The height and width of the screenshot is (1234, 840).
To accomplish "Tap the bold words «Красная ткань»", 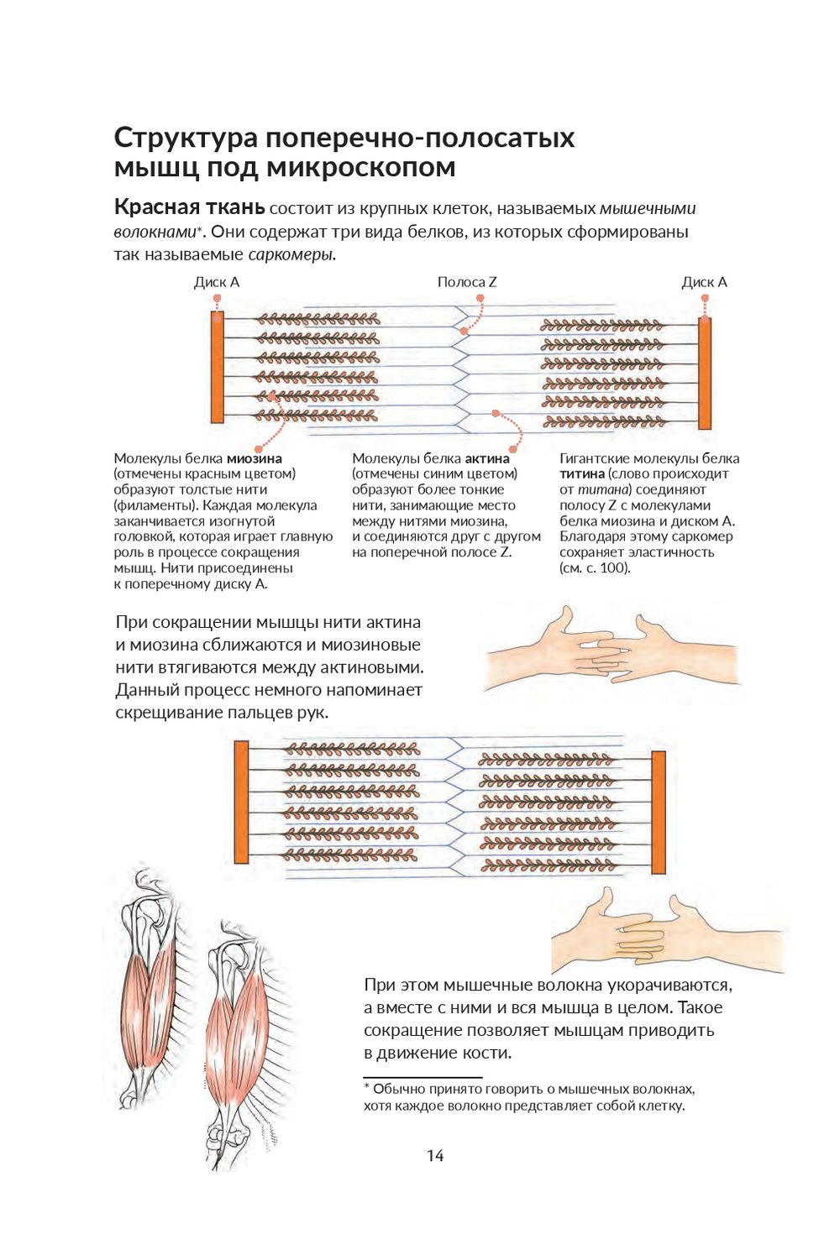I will [189, 207].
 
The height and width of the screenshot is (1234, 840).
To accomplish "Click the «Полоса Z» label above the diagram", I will [466, 282].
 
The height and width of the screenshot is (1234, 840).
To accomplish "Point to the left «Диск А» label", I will [217, 282].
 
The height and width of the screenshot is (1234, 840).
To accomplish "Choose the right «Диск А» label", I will [704, 282].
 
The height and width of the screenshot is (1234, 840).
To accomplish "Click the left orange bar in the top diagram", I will [217, 367].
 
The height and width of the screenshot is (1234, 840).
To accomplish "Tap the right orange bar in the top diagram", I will [705, 373].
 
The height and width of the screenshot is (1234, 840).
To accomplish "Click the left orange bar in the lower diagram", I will [241, 802].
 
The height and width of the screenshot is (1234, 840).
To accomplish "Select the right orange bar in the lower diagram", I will [659, 813].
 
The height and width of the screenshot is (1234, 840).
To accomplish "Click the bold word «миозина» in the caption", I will [254, 458].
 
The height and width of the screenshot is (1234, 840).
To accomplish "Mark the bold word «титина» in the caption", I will [582, 474].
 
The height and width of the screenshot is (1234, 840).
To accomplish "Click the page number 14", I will [434, 1156].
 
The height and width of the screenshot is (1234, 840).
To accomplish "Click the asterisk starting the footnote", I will [367, 1087].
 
